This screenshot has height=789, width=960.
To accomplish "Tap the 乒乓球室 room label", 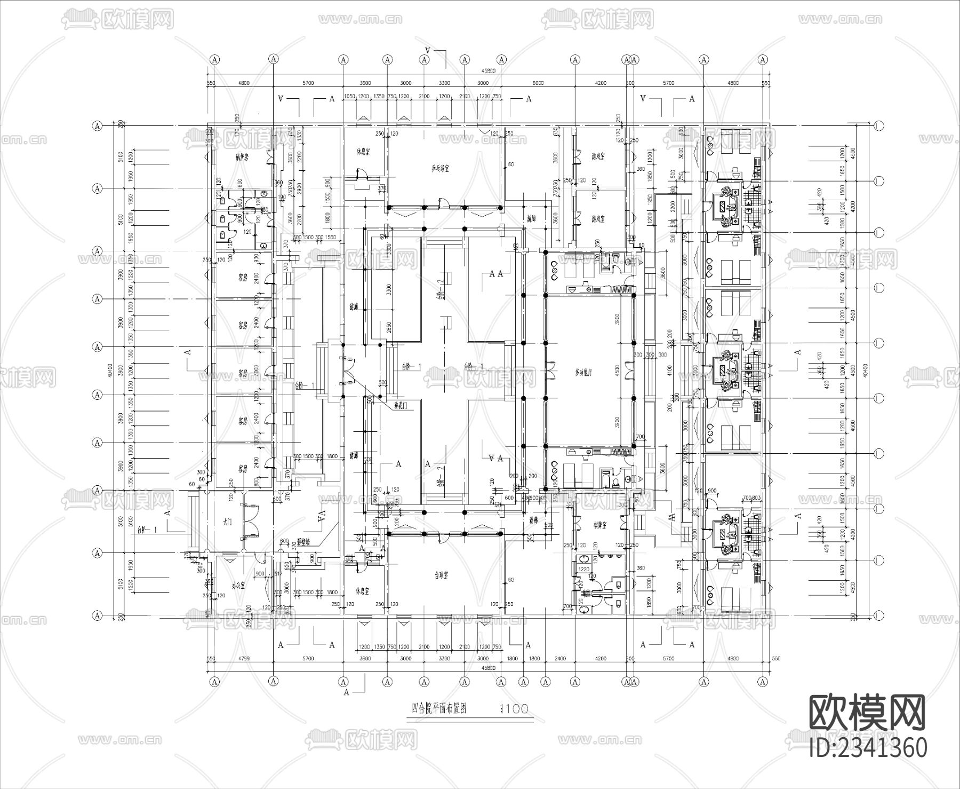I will (441, 169).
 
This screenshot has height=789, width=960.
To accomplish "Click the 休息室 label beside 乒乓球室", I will (364, 151).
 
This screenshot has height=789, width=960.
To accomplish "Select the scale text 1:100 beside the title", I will (513, 709).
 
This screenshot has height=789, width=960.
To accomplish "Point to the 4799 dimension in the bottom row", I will (243, 659).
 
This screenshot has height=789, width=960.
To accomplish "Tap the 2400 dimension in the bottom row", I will (559, 659).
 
